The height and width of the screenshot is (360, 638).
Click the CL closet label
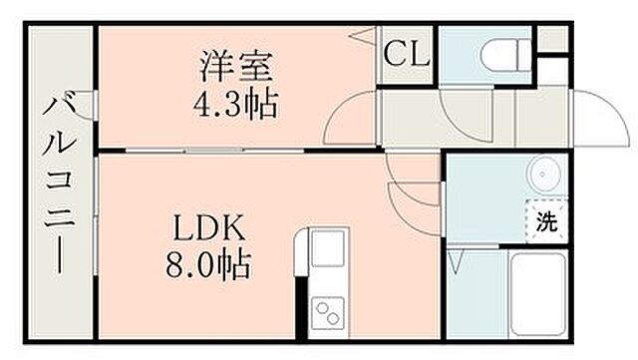click(x=407, y=53)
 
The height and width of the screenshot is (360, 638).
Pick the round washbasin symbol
click(x=544, y=176)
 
